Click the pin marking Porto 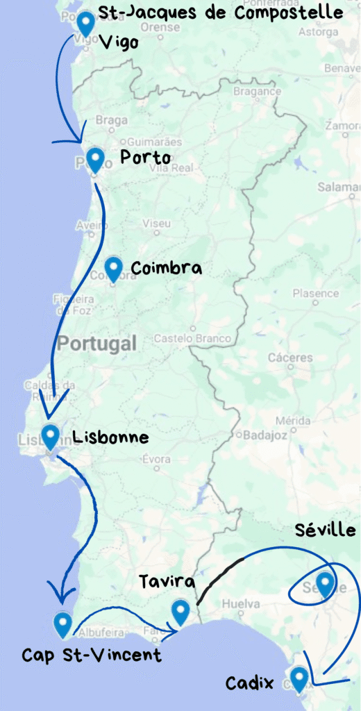point(94,159)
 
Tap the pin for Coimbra point(114,268)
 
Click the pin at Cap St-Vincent point(63,624)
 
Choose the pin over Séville point(324,583)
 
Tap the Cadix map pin point(299,678)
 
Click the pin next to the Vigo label point(86,23)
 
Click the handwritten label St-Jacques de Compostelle point(221,13)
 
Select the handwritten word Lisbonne point(110,437)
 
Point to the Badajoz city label point(260,435)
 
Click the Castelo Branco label point(193,339)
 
